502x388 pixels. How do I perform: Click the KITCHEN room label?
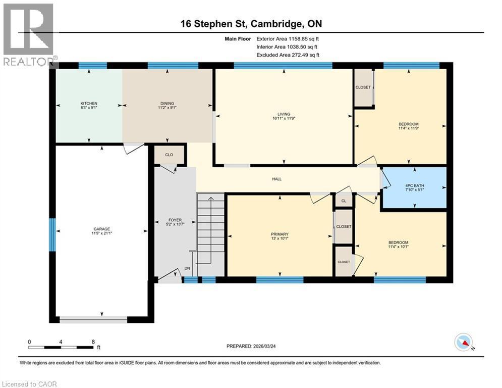click(x=88, y=103)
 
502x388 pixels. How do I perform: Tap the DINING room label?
click(x=166, y=103)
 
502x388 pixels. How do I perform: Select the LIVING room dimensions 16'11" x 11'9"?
click(x=283, y=119)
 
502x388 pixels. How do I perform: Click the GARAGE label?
click(x=101, y=229)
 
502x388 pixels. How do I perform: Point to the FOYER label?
click(x=175, y=220)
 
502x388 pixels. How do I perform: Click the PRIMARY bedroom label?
click(x=280, y=234)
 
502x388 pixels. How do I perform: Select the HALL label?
click(x=276, y=179)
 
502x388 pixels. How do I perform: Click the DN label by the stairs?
click(x=187, y=268)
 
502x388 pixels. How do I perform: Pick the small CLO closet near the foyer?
click(x=170, y=155)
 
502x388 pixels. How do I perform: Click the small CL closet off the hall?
click(x=344, y=201)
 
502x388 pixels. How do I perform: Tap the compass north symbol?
click(x=463, y=343)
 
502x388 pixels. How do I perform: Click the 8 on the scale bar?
click(x=93, y=342)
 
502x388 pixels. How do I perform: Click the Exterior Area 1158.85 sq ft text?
click(x=288, y=38)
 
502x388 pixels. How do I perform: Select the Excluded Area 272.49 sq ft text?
click(x=288, y=55)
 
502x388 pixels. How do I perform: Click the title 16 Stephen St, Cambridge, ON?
click(x=251, y=24)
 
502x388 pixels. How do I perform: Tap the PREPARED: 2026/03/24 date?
click(x=251, y=346)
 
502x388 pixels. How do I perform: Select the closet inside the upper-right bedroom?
click(x=363, y=88)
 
